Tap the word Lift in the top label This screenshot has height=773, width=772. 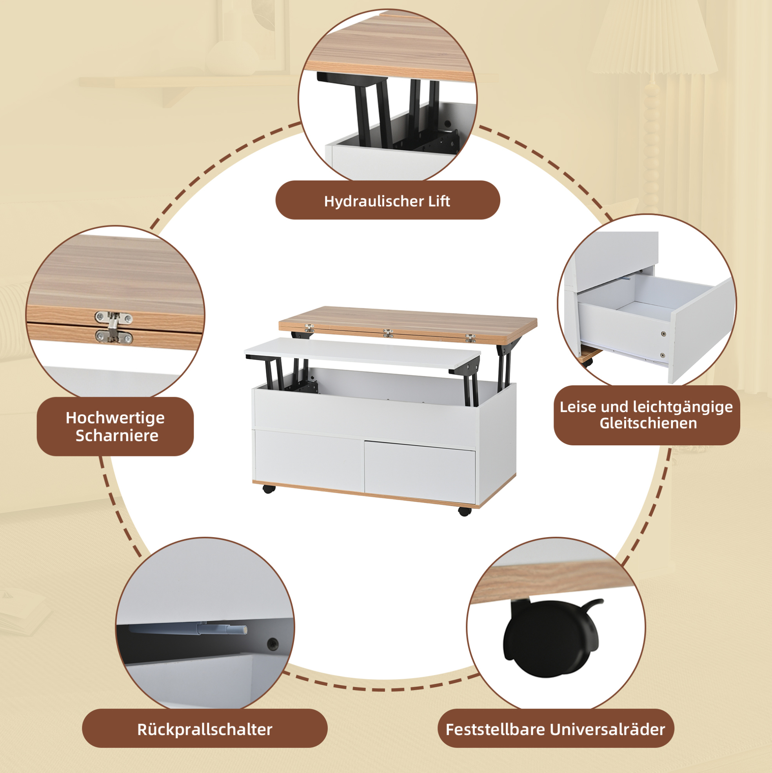(440, 201)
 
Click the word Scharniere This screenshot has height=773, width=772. (117, 436)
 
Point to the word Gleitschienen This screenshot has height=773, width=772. (648, 423)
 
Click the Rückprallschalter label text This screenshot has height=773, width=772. (205, 729)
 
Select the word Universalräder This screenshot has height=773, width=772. (608, 729)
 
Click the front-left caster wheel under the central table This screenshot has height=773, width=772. (269, 489)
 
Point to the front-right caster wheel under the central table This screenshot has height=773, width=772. (464, 511)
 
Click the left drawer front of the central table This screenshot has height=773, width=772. (309, 458)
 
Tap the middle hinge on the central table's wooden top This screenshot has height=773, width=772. (388, 333)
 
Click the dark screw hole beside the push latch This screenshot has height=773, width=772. (273, 644)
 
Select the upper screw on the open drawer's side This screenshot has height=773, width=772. (663, 334)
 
